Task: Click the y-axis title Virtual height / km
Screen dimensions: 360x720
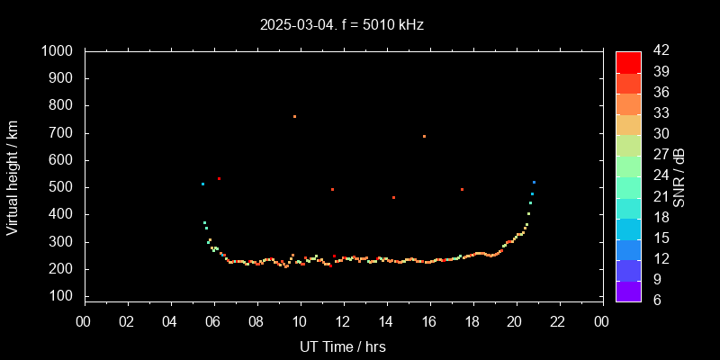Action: click(13, 175)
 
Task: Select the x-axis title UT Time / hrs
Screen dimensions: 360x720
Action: click(343, 346)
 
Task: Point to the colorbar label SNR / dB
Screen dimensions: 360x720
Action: click(679, 175)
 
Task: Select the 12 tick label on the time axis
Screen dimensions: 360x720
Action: click(343, 321)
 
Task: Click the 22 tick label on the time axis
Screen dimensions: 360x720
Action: click(559, 321)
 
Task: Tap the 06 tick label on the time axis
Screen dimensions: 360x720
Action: click(214, 321)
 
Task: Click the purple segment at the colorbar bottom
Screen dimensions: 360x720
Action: click(628, 290)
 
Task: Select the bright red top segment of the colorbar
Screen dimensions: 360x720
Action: click(628, 61)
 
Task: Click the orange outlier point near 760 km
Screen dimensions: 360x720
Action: click(294, 116)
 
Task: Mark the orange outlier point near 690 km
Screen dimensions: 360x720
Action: click(424, 136)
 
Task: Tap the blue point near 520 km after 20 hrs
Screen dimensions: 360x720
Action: click(534, 182)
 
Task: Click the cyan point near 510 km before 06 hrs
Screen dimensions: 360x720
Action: click(202, 184)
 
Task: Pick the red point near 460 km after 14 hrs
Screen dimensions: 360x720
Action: click(393, 197)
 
